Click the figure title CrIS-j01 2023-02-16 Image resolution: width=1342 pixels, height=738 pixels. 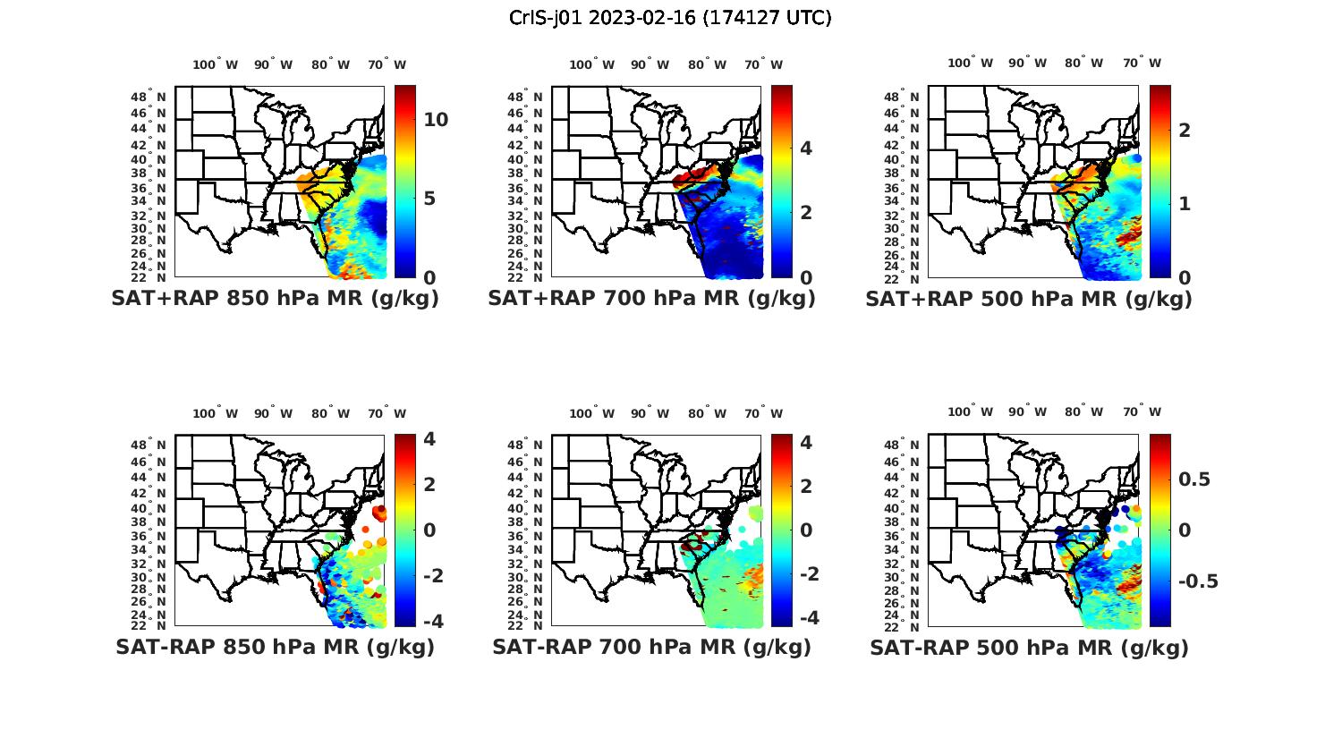(670, 18)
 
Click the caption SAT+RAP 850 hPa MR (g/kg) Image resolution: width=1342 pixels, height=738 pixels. (275, 299)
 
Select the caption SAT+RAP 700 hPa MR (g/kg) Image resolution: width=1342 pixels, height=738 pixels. (651, 299)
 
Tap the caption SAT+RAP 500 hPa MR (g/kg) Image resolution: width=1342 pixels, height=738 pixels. (1029, 299)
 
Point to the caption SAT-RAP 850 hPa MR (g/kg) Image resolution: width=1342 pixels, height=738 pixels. (275, 647)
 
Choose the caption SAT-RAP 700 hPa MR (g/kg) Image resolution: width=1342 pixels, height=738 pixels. (651, 647)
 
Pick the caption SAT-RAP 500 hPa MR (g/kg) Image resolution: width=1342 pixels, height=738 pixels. (1029, 648)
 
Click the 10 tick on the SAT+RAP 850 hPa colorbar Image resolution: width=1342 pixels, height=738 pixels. (436, 120)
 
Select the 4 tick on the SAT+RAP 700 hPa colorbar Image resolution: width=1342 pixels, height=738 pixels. (805, 148)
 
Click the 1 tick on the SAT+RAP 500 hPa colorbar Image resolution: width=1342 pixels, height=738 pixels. (1185, 204)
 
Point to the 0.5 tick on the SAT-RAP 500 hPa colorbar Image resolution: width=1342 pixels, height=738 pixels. (1194, 479)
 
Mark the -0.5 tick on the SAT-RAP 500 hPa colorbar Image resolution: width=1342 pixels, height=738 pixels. (1198, 581)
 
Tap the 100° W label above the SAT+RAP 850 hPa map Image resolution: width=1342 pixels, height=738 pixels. (215, 64)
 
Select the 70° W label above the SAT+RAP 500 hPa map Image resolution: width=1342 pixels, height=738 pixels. (1142, 63)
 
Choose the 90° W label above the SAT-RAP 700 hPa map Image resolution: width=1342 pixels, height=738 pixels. (650, 413)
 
